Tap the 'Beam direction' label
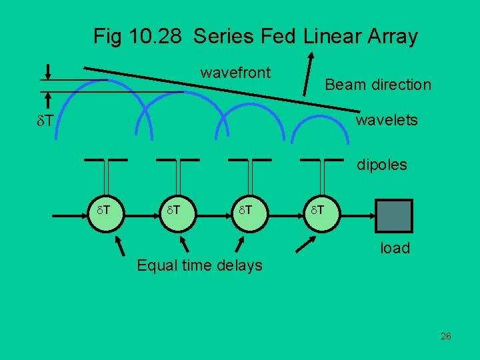click(377, 85)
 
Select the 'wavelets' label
click(387, 120)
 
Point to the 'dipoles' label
click(381, 165)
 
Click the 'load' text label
click(395, 248)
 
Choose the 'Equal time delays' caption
click(199, 265)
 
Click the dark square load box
click(395, 214)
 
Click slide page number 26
click(446, 336)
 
